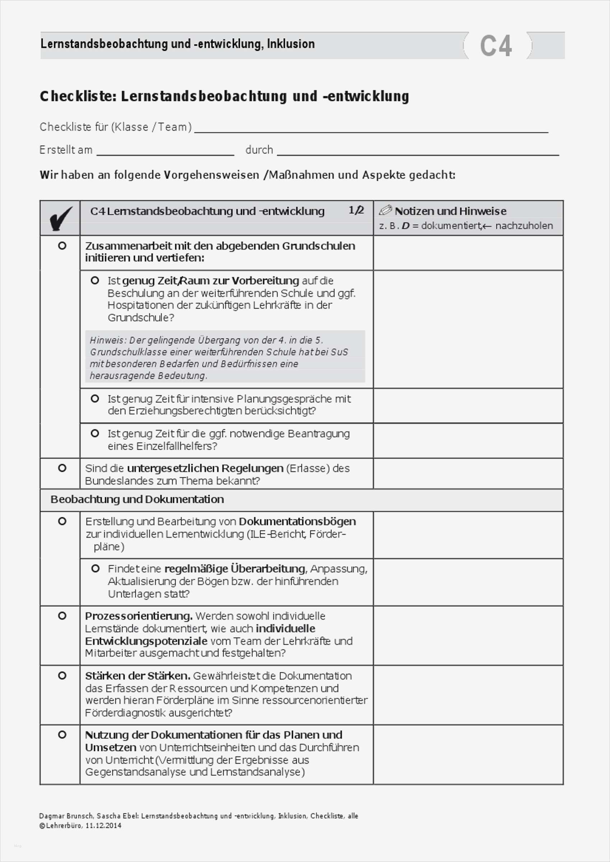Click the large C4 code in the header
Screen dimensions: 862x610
495,46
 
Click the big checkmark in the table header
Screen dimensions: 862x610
60,218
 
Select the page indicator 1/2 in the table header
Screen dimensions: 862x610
356,210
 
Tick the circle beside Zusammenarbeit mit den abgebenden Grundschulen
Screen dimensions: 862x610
62,246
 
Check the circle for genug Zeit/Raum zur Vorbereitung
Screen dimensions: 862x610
95,280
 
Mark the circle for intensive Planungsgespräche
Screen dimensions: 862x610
95,398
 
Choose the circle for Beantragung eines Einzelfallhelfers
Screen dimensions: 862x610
95,433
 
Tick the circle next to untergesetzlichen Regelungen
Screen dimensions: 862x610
62,468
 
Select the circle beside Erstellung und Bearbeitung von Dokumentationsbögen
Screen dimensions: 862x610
62,521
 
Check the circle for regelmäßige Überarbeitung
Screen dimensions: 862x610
96,569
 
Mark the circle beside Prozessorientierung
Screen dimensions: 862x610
62,616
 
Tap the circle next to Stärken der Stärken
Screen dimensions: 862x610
62,676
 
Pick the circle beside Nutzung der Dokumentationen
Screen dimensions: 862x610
62,735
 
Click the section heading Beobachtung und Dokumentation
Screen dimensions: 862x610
137,499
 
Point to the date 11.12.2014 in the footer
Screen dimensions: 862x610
103,826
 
